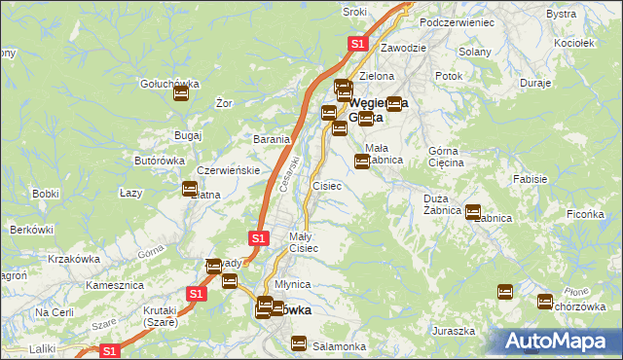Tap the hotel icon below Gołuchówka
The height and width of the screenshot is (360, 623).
click(x=180, y=94)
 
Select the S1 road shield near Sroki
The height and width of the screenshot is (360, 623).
click(x=357, y=44)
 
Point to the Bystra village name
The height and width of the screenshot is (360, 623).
click(x=589, y=14)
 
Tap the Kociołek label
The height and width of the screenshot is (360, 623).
click(x=572, y=44)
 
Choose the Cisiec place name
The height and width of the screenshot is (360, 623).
click(x=326, y=185)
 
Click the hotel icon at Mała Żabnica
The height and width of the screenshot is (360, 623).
click(x=362, y=161)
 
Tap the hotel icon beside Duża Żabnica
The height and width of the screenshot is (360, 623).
click(x=473, y=212)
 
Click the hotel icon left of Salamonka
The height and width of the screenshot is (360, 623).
click(x=299, y=343)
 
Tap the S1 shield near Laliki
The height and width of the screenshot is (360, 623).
click(x=109, y=351)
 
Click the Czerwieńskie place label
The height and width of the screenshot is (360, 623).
click(x=227, y=170)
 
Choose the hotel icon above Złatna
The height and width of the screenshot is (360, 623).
click(x=190, y=188)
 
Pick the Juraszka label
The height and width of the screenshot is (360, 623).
click(x=455, y=332)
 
